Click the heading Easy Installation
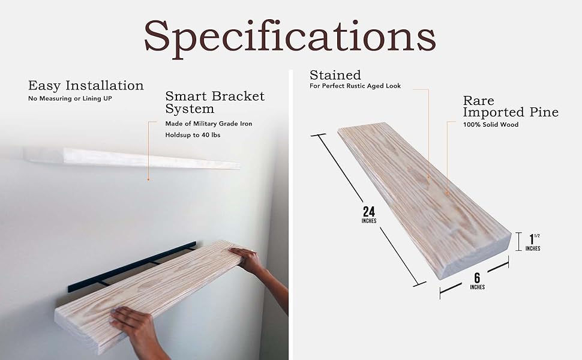point(86,85)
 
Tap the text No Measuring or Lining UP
point(70,98)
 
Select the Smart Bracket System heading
point(214,103)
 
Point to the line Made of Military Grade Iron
point(209,124)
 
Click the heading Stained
point(335,75)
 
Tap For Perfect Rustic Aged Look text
point(355,86)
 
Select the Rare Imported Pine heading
point(510,106)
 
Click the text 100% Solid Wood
point(490,124)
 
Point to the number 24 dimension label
point(369,212)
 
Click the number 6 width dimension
point(477,277)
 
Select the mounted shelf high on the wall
point(132,158)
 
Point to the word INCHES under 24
point(369,221)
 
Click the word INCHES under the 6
point(477,287)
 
